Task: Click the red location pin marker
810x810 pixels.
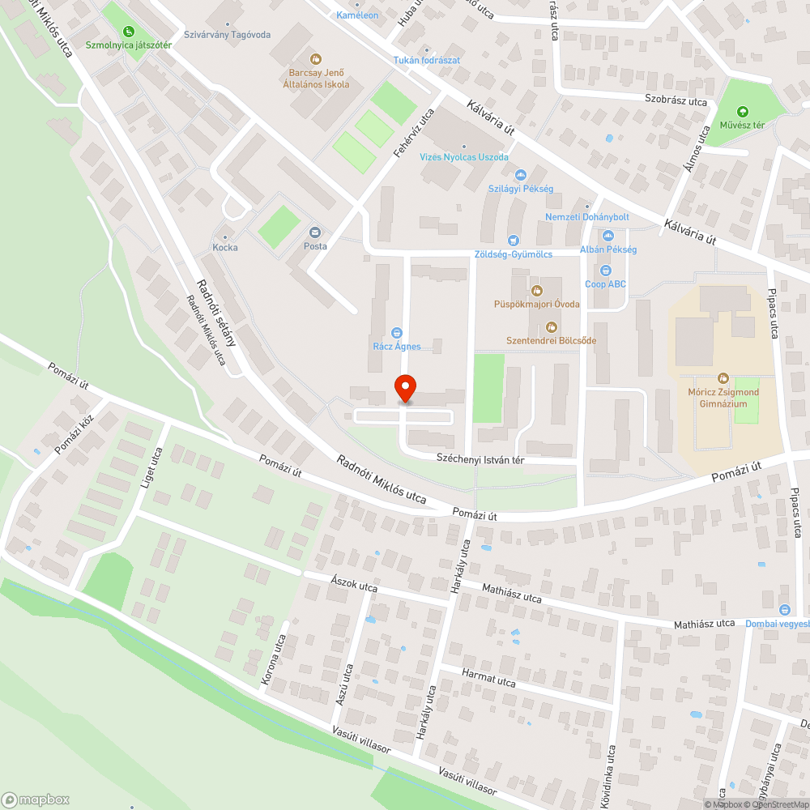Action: pyautogui.click(x=404, y=389)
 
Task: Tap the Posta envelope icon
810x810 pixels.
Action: pyautogui.click(x=315, y=232)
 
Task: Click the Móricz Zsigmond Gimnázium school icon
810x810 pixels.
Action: pyautogui.click(x=723, y=378)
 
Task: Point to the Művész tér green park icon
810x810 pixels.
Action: pyautogui.click(x=742, y=112)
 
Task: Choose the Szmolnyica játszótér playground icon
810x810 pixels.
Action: pyautogui.click(x=128, y=32)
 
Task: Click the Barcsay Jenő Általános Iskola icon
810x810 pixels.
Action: pyautogui.click(x=316, y=59)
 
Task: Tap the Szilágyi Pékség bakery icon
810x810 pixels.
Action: pyautogui.click(x=521, y=175)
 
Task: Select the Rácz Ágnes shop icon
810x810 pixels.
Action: pyautogui.click(x=397, y=332)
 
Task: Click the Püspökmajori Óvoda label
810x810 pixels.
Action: pyautogui.click(x=538, y=304)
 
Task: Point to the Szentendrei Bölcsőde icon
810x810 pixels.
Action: pyautogui.click(x=552, y=326)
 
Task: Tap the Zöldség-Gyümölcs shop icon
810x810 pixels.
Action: pyautogui.click(x=513, y=240)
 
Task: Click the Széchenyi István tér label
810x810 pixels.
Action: pyautogui.click(x=481, y=458)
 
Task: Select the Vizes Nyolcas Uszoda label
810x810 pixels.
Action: pyautogui.click(x=464, y=157)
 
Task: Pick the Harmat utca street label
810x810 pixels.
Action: pyautogui.click(x=488, y=678)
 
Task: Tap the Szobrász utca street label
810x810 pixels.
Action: pyautogui.click(x=676, y=102)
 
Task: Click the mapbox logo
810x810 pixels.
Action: pyautogui.click(x=36, y=799)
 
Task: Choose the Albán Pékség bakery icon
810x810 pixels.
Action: pyautogui.click(x=607, y=236)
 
